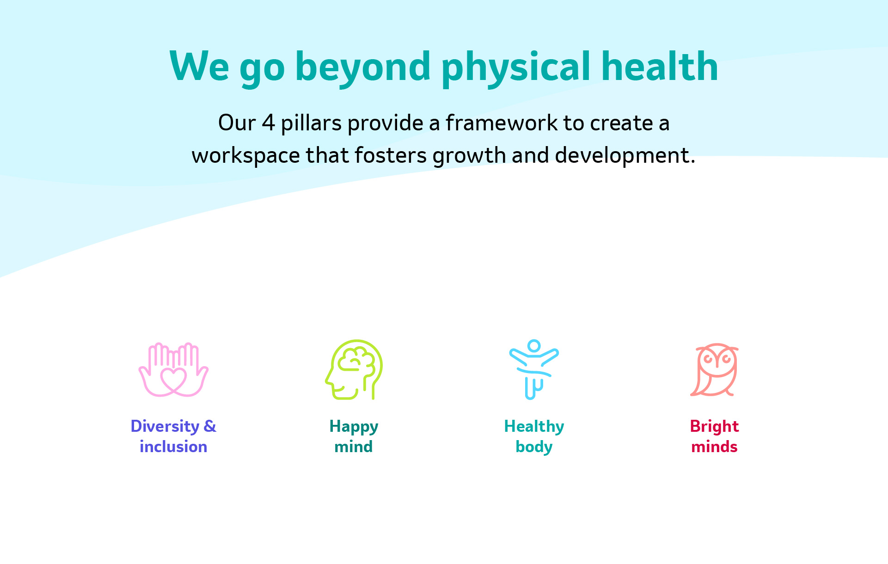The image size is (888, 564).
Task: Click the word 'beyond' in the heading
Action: (363, 67)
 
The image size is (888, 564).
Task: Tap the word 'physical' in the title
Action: (516, 67)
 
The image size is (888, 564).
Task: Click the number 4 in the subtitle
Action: (269, 123)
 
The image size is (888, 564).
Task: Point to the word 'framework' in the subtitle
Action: (502, 123)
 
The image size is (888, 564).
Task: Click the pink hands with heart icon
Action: (173, 369)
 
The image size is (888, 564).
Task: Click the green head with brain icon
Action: (354, 369)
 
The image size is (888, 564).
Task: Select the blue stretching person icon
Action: (534, 369)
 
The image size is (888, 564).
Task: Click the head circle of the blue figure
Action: (534, 345)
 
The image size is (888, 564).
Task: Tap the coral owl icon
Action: (715, 369)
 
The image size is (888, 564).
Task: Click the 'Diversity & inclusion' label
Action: (173, 436)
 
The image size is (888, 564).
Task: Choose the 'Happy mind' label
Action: (354, 436)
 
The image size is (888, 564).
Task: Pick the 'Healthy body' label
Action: (534, 436)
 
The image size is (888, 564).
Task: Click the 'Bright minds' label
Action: (714, 436)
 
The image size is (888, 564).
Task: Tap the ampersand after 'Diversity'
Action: (210, 426)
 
